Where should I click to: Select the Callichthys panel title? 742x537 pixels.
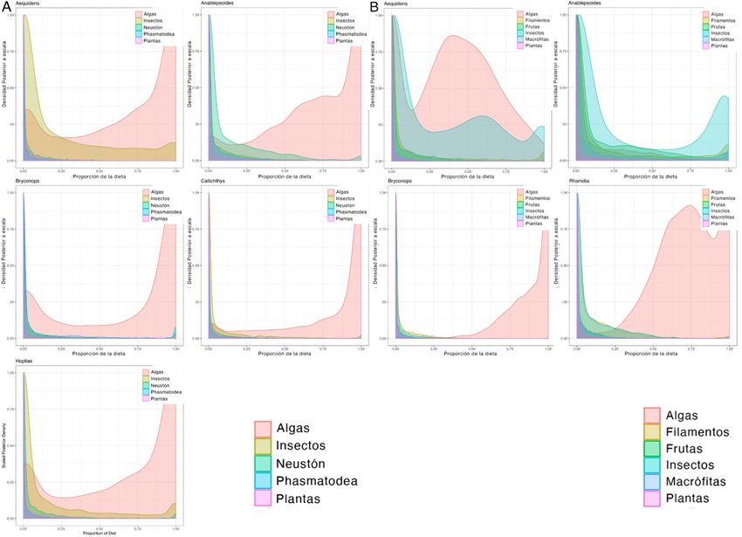[216, 181]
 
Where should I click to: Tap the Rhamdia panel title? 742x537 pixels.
[581, 181]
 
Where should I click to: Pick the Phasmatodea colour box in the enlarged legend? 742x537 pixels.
[264, 480]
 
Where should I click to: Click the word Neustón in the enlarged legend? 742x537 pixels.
[307, 463]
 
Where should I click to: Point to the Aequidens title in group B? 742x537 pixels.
[396, 3]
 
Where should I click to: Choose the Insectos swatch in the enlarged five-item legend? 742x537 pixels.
[264, 445]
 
